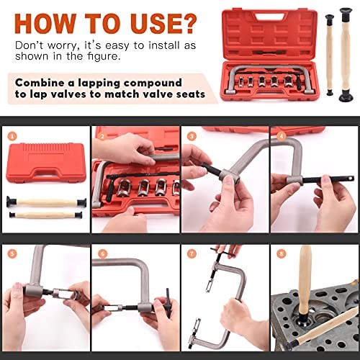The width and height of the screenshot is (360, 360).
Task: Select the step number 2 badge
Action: [102, 135]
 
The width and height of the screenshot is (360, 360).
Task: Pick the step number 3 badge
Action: [192, 135]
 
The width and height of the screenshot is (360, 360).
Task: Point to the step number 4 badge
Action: [281, 135]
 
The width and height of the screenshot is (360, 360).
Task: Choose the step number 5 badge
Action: [12, 253]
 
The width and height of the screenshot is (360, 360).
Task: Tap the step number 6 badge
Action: [102, 253]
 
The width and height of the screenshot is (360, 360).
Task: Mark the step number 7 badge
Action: [192, 253]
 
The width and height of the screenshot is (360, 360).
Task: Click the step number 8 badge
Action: [281, 253]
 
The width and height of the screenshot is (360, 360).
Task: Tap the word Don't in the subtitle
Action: [30, 45]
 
